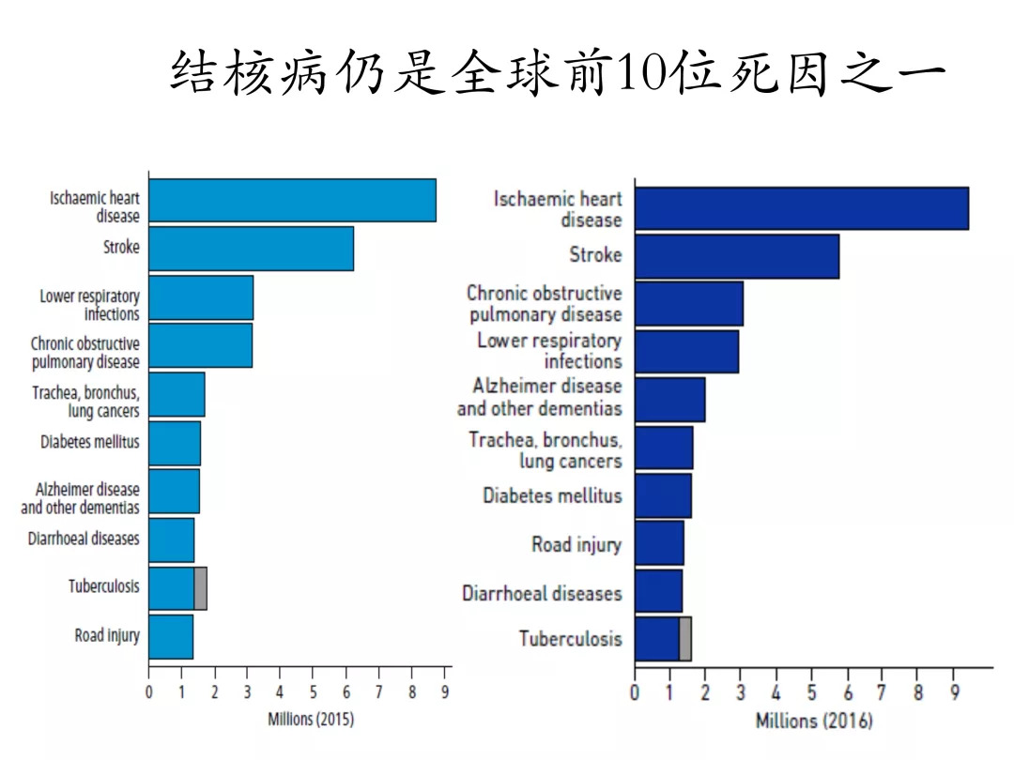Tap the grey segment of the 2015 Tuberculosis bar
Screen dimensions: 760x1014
[x=200, y=588]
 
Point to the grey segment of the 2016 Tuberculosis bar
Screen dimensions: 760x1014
[x=685, y=639]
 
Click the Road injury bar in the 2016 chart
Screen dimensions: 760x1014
[x=659, y=543]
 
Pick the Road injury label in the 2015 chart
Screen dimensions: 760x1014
[x=107, y=635]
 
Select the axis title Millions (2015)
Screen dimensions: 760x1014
[x=311, y=720]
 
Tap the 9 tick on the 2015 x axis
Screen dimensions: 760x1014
[x=446, y=692]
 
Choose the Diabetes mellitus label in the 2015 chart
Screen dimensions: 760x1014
[x=89, y=441]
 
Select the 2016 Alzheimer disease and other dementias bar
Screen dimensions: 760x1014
[x=669, y=400]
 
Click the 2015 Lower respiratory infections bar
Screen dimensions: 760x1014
[x=201, y=297]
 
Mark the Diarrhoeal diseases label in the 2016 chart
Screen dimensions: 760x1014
[x=542, y=593]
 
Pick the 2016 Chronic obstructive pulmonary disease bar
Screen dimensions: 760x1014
[x=688, y=303]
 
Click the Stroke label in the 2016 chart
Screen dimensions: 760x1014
[x=595, y=254]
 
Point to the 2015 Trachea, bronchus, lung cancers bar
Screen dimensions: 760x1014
[x=177, y=395]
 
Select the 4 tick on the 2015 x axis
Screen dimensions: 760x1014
[x=280, y=692]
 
